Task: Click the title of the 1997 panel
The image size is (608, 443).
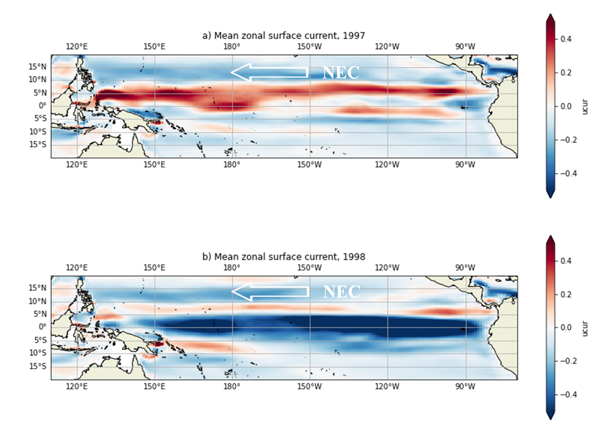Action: tap(283, 36)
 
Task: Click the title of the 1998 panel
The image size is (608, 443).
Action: tap(283, 257)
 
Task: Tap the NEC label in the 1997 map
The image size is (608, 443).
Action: tap(341, 73)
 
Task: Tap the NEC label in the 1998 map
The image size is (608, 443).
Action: tap(342, 292)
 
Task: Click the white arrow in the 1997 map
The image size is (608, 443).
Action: tap(269, 72)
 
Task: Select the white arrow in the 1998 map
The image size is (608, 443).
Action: tap(270, 291)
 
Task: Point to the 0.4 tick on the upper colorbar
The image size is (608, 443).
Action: tap(566, 39)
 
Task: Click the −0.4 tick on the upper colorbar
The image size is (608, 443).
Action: tap(568, 173)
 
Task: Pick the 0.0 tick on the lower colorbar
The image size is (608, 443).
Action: tap(566, 327)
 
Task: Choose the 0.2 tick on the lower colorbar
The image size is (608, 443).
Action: tap(566, 294)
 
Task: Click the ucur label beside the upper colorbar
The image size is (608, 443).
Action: tap(585, 106)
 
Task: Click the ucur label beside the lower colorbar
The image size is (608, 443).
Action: tap(585, 328)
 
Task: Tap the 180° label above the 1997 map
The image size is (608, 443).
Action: tap(232, 47)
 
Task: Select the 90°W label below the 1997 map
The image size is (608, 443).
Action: tap(465, 165)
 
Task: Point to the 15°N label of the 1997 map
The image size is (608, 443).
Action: tap(38, 67)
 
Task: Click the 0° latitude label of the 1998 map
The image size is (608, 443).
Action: tap(42, 327)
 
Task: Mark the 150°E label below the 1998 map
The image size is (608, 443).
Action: tap(154, 387)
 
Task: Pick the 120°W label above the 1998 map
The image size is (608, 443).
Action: tap(387, 268)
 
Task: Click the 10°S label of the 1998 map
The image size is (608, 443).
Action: tap(38, 353)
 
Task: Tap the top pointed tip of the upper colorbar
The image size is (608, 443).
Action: tap(550, 15)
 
